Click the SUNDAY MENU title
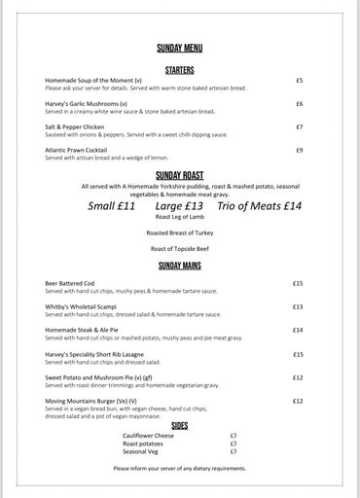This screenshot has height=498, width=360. tap(179, 48)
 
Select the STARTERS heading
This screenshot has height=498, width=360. tap(179, 70)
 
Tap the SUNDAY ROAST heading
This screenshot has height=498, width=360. tap(179, 175)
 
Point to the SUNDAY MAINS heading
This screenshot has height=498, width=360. tap(179, 264)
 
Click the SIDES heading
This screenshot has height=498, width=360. tap(179, 425)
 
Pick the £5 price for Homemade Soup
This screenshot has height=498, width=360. tap(299, 80)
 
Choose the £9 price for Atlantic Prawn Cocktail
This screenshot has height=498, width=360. tap(299, 150)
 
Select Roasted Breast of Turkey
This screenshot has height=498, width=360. tap(179, 234)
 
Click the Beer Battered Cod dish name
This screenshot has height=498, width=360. tap(71, 283)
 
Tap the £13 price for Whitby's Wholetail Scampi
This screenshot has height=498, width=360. tap(298, 306)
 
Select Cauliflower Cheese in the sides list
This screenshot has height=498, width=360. tap(148, 435)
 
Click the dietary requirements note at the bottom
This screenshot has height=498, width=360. tap(179, 468)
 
